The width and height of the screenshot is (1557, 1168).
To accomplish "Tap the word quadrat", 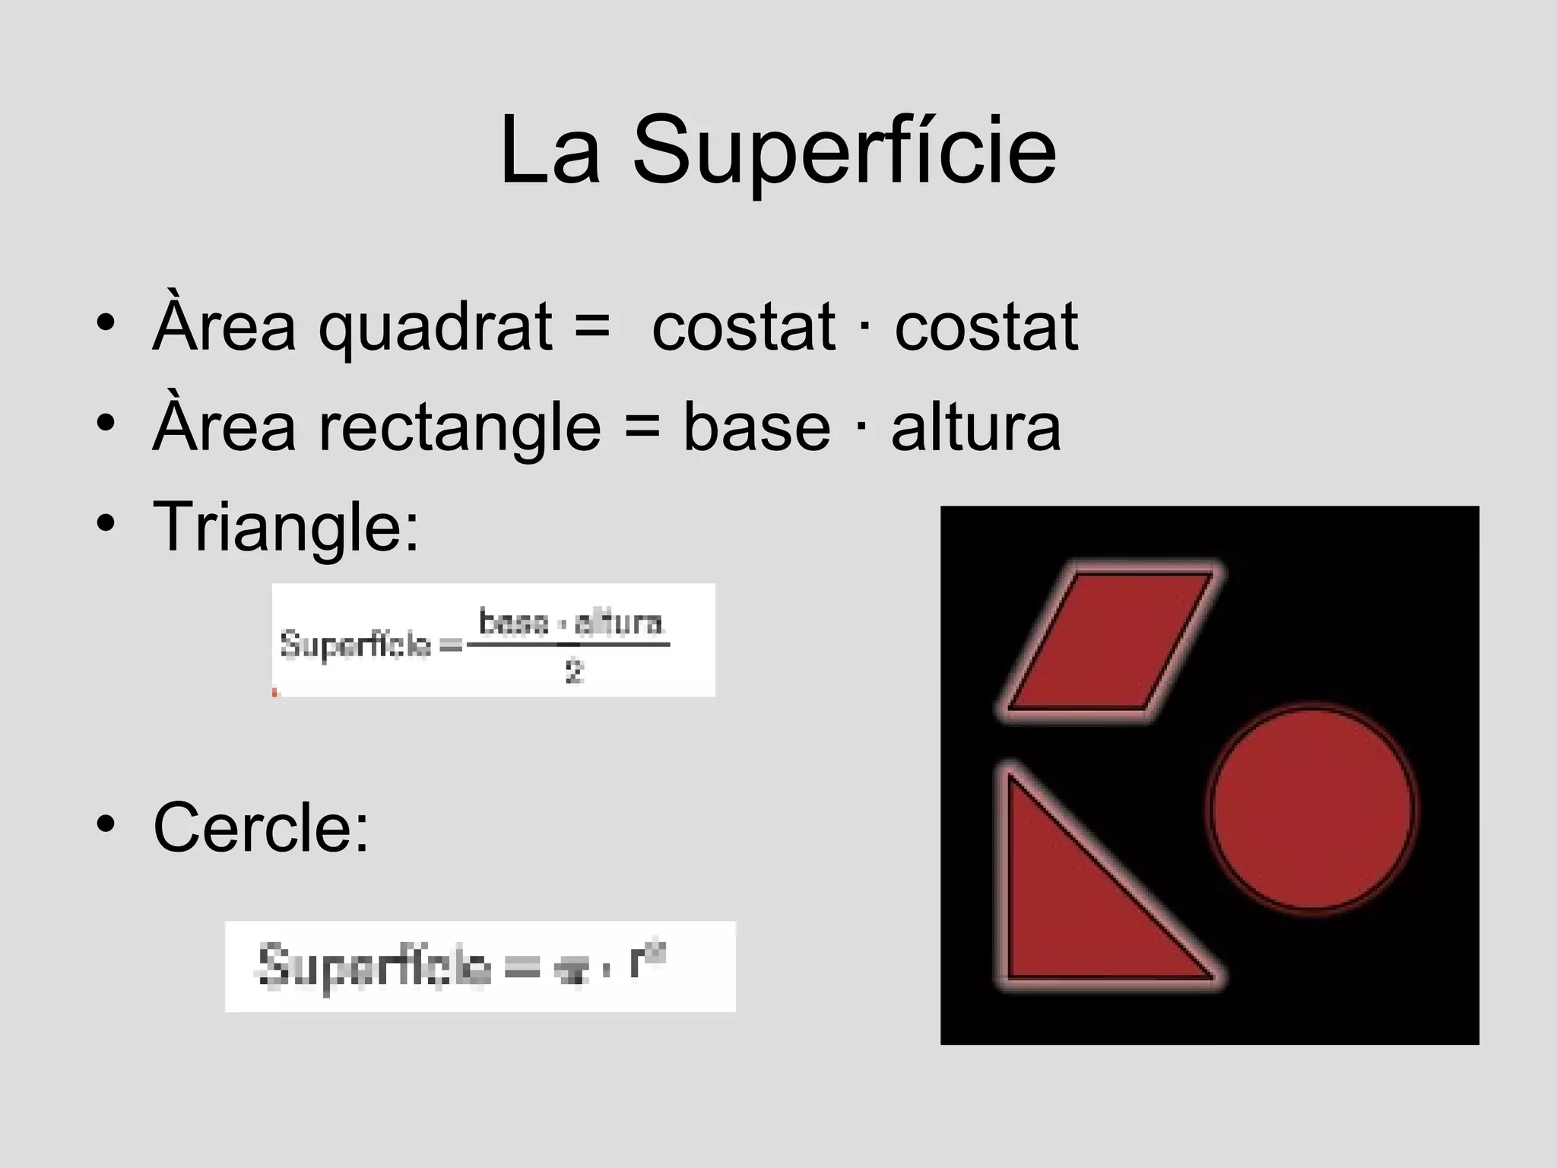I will point(435,328).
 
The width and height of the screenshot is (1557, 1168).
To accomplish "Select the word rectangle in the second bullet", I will point(459,427).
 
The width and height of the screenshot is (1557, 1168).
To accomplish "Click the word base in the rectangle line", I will point(756,427).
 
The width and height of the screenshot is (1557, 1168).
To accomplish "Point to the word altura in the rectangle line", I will point(975,427).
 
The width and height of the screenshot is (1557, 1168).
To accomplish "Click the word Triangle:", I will point(286,526).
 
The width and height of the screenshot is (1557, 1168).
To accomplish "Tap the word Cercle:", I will point(261,827).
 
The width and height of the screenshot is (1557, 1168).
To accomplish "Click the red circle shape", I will point(1311,808).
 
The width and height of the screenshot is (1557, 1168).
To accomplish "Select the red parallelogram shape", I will point(1111,640).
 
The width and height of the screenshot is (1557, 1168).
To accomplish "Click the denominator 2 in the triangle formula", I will point(574,672).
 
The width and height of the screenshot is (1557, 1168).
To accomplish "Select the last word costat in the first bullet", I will point(986,328).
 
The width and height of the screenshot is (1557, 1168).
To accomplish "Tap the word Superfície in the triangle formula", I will point(356,645).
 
